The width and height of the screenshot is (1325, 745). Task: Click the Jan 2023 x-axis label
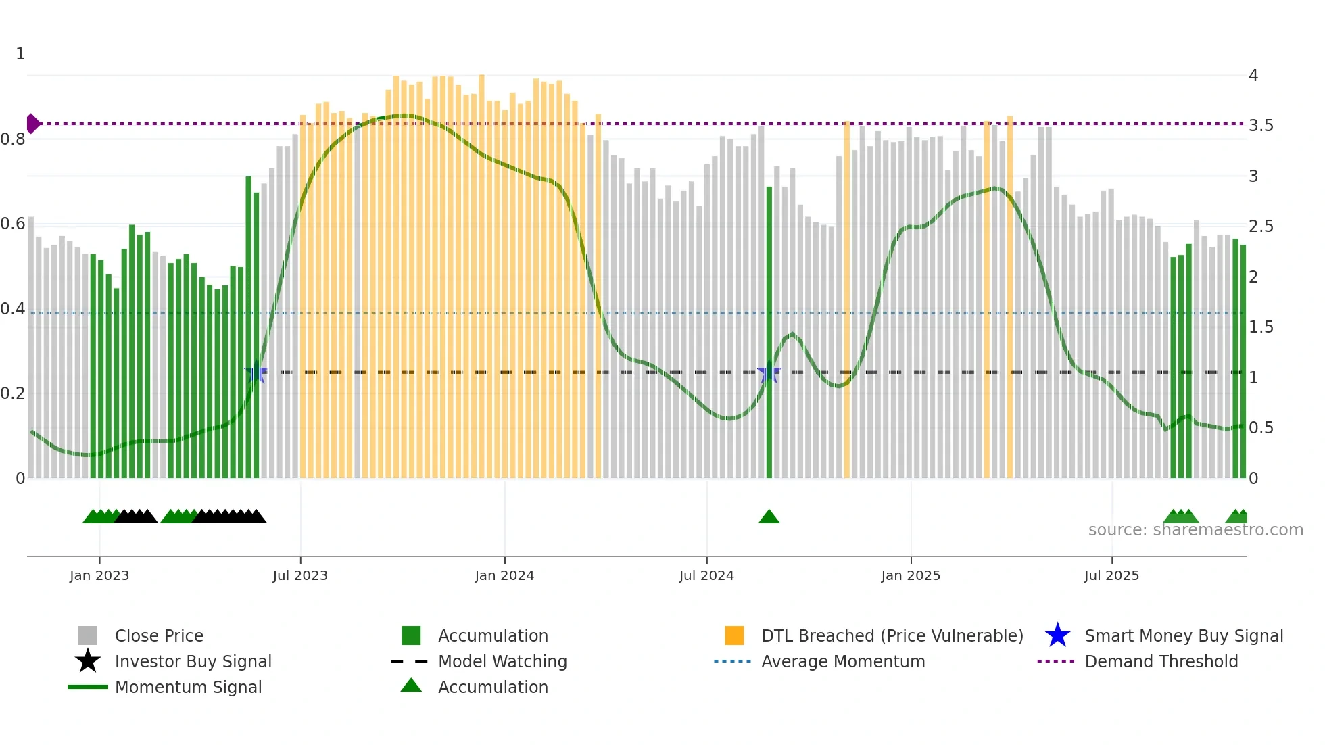(99, 575)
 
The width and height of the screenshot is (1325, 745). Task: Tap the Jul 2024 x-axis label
(706, 575)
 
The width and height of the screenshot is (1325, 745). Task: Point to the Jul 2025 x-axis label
(1111, 575)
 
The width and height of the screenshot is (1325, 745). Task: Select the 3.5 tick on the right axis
(1261, 126)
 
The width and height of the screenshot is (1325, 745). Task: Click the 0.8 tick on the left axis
(13, 139)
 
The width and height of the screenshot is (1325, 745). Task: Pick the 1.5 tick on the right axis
(1261, 327)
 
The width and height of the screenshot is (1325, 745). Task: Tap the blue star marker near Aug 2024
(769, 372)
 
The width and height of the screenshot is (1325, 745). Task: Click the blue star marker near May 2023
(256, 372)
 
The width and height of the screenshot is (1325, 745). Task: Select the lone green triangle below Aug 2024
(769, 517)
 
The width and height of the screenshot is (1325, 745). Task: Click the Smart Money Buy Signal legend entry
(1183, 635)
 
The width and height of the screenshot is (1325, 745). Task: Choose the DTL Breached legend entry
(892, 635)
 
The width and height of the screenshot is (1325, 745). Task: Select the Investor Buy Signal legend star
(88, 661)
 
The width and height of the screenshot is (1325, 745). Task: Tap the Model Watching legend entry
(502, 661)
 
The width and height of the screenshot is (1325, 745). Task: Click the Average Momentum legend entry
(842, 661)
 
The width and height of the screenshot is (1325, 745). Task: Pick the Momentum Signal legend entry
(188, 687)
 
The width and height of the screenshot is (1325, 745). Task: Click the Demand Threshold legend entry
(1161, 661)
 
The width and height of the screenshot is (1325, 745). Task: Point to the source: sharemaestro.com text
(1195, 530)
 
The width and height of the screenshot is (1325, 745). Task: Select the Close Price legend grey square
(88, 635)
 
